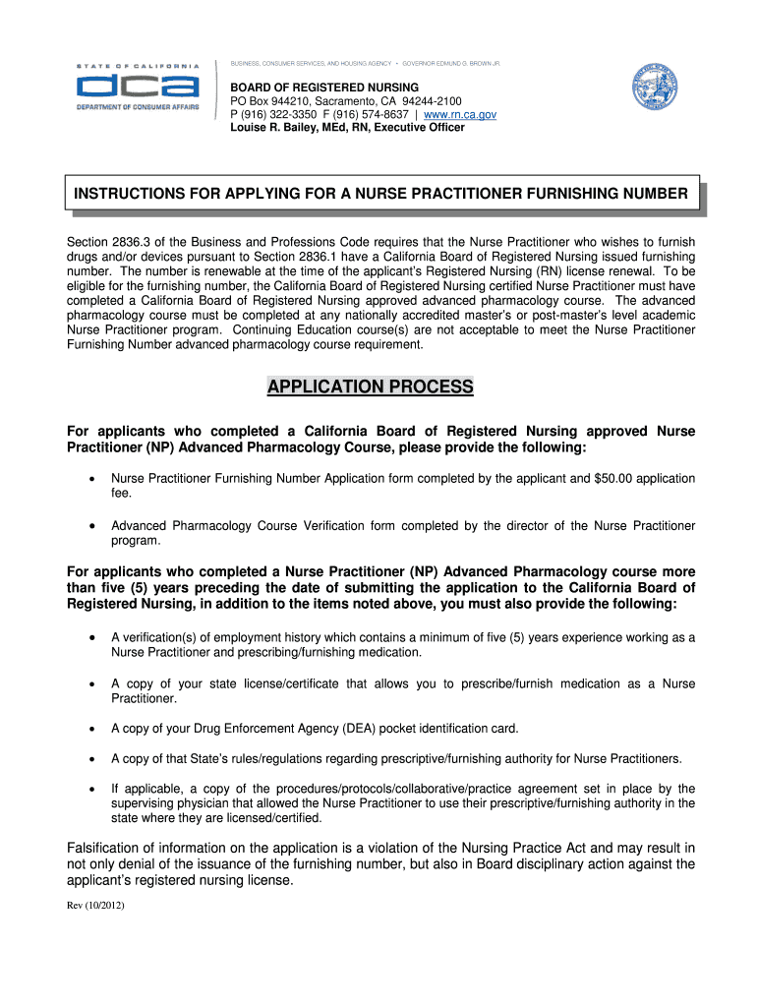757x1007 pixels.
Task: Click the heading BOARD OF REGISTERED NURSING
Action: coord(324,88)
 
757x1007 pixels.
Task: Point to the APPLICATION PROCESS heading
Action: coord(370,387)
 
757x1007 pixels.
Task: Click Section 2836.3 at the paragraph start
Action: coord(106,242)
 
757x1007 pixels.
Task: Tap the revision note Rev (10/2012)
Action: coord(95,907)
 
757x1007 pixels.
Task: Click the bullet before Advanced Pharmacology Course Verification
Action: coord(90,526)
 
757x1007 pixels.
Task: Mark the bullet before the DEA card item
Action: coord(90,729)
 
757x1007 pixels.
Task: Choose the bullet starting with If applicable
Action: coord(90,789)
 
